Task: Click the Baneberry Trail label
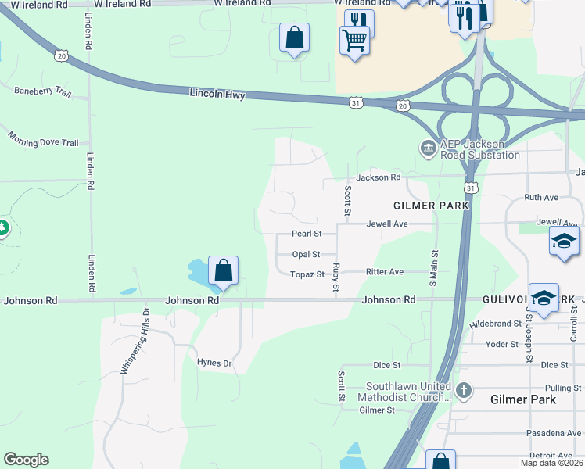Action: coord(42,91)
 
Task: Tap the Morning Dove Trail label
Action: coord(44,138)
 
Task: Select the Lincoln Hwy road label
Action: coord(217,95)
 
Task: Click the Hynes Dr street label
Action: coord(214,363)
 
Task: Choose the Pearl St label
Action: coord(307,234)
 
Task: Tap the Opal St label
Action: coord(306,254)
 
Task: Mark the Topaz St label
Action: coord(307,274)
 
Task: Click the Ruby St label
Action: coord(336,278)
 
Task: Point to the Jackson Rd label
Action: coord(379,177)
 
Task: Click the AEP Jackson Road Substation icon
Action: coord(428,148)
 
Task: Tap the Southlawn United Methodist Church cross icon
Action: coord(463,389)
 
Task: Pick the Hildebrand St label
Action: coord(495,323)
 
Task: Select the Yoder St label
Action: coord(502,344)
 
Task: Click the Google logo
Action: coord(26,460)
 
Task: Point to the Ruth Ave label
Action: coord(541,198)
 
